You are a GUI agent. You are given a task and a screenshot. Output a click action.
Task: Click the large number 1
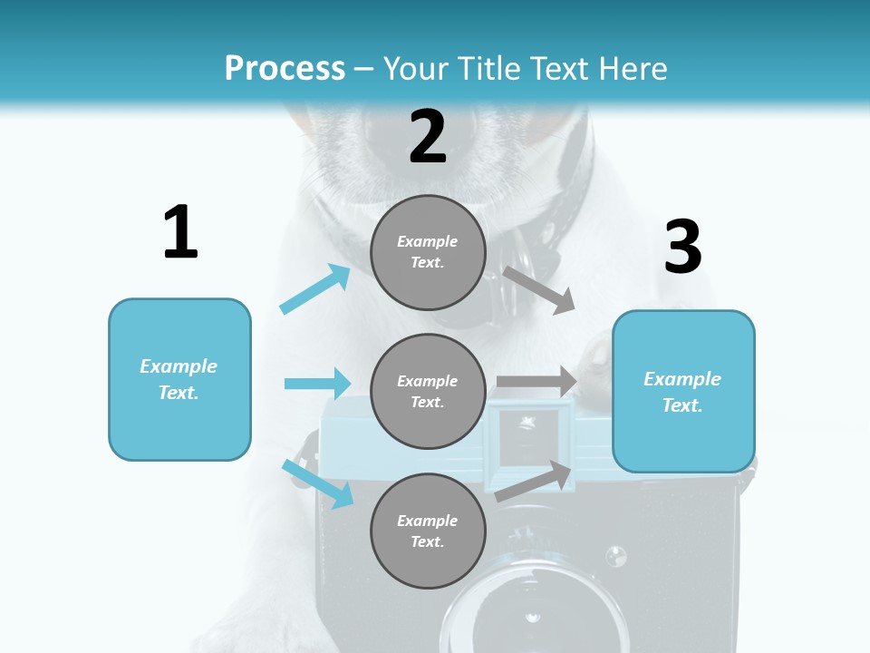click(180, 233)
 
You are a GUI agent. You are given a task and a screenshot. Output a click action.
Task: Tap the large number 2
click(428, 137)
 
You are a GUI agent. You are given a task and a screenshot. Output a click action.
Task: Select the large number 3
click(682, 248)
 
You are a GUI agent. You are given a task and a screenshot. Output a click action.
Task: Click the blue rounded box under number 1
click(179, 379)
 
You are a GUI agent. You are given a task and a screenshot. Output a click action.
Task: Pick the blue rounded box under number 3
click(683, 391)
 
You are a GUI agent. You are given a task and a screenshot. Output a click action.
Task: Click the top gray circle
click(428, 252)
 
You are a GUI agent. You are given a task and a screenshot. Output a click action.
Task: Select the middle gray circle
click(428, 391)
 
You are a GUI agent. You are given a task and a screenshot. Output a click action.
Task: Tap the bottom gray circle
click(428, 531)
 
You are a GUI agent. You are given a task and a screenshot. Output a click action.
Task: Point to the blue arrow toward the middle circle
click(318, 384)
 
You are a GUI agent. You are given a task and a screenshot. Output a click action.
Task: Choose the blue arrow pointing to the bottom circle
click(318, 483)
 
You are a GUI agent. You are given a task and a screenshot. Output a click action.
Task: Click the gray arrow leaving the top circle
click(539, 289)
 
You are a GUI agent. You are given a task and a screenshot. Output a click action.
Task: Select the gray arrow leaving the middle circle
click(536, 382)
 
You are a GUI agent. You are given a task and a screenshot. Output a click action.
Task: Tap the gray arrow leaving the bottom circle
click(535, 481)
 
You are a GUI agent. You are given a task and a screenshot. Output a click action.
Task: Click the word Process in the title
click(285, 68)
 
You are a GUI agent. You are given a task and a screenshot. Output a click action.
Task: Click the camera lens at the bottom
click(535, 617)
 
